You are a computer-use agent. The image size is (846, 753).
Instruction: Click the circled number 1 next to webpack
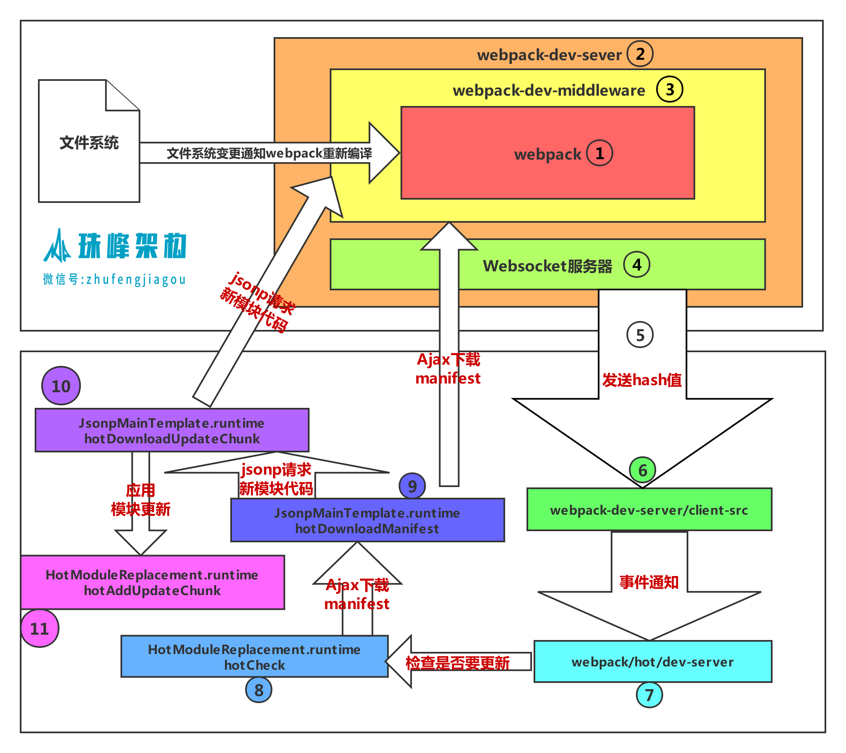(x=599, y=153)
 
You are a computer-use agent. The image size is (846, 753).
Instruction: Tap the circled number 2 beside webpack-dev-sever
(x=640, y=54)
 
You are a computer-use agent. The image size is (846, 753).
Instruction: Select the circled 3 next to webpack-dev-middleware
(x=669, y=89)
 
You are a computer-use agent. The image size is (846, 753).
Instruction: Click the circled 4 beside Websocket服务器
(x=636, y=264)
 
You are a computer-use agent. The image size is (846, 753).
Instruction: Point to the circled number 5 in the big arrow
(x=640, y=335)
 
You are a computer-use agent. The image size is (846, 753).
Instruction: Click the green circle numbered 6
(x=642, y=470)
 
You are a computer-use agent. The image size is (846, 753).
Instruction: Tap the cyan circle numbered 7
(x=649, y=695)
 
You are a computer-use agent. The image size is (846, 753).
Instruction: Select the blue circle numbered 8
(x=258, y=689)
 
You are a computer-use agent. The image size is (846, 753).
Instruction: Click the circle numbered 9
(x=412, y=486)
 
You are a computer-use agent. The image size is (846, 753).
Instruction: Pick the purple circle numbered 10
(x=61, y=386)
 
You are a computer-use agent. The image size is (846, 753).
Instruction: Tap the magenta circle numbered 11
(x=40, y=628)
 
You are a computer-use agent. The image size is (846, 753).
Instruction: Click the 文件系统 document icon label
(x=89, y=143)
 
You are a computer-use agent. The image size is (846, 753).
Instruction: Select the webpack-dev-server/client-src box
(x=649, y=510)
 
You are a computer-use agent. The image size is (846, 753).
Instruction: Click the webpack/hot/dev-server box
(x=652, y=661)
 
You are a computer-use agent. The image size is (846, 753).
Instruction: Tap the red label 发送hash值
(x=641, y=380)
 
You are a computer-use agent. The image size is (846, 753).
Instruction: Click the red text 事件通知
(x=648, y=582)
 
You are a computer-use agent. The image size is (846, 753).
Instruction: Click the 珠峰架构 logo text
(x=132, y=246)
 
